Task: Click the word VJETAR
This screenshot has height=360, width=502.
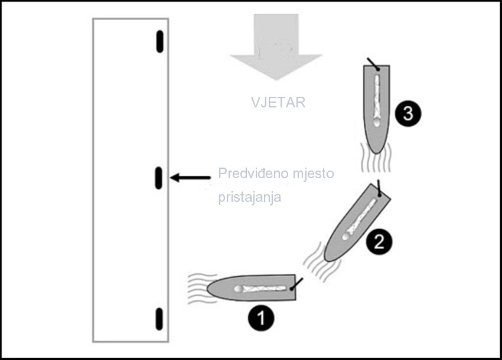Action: pyautogui.click(x=278, y=103)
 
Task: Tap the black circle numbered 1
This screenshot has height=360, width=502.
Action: pyautogui.click(x=261, y=319)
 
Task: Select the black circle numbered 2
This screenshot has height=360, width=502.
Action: pyautogui.click(x=379, y=241)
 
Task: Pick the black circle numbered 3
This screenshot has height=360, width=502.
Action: pyautogui.click(x=408, y=113)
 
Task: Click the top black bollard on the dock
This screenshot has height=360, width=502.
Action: pyautogui.click(x=160, y=41)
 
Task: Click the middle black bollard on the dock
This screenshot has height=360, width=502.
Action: pyautogui.click(x=158, y=178)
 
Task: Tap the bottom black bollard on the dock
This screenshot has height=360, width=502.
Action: pyautogui.click(x=159, y=319)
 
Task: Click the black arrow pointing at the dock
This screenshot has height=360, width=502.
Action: pyautogui.click(x=190, y=178)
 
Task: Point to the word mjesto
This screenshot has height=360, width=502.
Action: pyautogui.click(x=314, y=174)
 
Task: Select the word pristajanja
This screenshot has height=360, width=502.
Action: pyautogui.click(x=250, y=197)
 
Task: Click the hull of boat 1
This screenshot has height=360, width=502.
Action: pyautogui.click(x=252, y=287)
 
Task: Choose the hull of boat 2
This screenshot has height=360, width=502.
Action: pyautogui.click(x=357, y=222)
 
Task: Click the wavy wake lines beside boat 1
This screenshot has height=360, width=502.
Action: pyautogui.click(x=201, y=289)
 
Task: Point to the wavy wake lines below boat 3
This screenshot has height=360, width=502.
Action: pyautogui.click(x=376, y=158)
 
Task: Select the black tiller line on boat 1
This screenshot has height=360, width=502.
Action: pyautogui.click(x=297, y=284)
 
